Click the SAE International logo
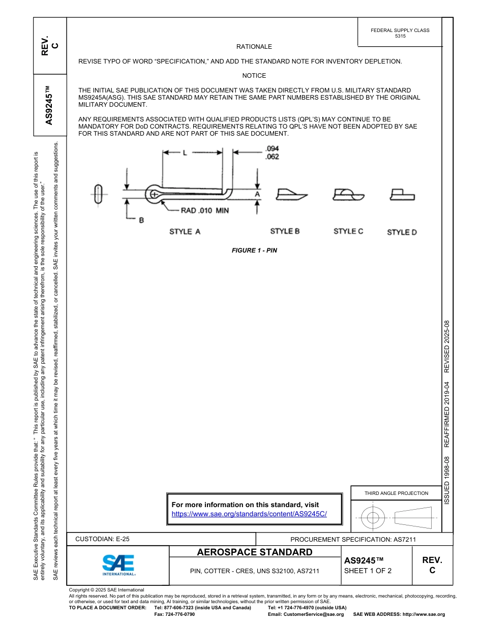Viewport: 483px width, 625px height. click(118, 565)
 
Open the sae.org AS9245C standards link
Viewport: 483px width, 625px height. click(249, 514)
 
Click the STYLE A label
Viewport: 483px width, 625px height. click(185, 232)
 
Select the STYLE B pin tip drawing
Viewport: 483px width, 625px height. click(291, 194)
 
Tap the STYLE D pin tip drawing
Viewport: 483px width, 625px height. click(401, 195)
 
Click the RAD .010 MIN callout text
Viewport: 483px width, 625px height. click(198, 210)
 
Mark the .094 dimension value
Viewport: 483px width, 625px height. click(272, 149)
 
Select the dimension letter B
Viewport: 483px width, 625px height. click(141, 220)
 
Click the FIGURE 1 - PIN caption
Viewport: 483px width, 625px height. click(254, 251)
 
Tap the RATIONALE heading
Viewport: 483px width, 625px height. click(254, 47)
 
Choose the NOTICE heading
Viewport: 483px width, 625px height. click(254, 76)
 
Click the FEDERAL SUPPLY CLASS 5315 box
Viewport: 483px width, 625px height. click(400, 33)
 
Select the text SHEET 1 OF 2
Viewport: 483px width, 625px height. click(368, 571)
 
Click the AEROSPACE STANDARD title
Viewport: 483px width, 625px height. click(255, 552)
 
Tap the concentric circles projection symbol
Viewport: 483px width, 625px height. click(373, 518)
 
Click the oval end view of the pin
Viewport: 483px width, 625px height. click(98, 194)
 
